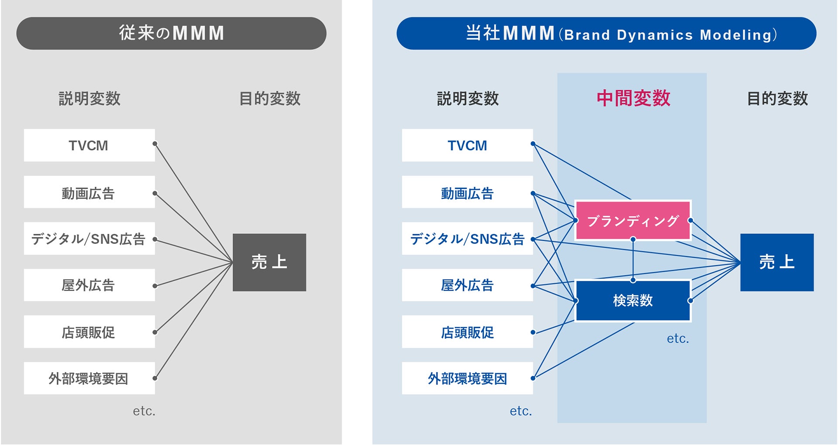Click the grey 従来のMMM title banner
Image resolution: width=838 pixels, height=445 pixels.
point(171,33)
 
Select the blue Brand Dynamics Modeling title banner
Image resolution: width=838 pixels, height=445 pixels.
point(606,34)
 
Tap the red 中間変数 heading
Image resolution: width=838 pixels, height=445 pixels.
point(633,98)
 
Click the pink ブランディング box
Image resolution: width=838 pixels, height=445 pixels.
point(633,221)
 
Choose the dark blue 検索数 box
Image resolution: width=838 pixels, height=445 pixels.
point(633,301)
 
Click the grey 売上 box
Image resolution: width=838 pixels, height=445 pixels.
point(269,262)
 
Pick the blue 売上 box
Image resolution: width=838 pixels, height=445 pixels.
point(777,262)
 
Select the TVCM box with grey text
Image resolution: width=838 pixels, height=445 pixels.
point(89,145)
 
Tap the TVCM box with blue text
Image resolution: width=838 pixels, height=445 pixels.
point(467,145)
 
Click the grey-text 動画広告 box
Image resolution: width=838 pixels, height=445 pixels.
point(89,192)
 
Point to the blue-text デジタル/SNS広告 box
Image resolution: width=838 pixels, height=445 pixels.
point(467,239)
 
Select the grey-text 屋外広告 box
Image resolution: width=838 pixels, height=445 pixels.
point(89,285)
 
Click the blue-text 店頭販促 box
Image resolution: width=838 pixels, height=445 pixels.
point(467,332)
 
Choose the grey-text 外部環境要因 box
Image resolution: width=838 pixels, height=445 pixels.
point(89,378)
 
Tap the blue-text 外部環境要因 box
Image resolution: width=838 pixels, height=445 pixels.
point(467,378)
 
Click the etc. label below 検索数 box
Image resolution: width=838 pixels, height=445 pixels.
point(677,339)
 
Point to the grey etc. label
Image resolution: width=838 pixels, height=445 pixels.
point(144,411)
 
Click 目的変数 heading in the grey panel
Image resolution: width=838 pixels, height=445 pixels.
point(270,99)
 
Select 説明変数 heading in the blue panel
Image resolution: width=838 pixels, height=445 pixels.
point(467,99)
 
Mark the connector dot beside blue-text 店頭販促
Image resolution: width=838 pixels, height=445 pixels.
point(533,332)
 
